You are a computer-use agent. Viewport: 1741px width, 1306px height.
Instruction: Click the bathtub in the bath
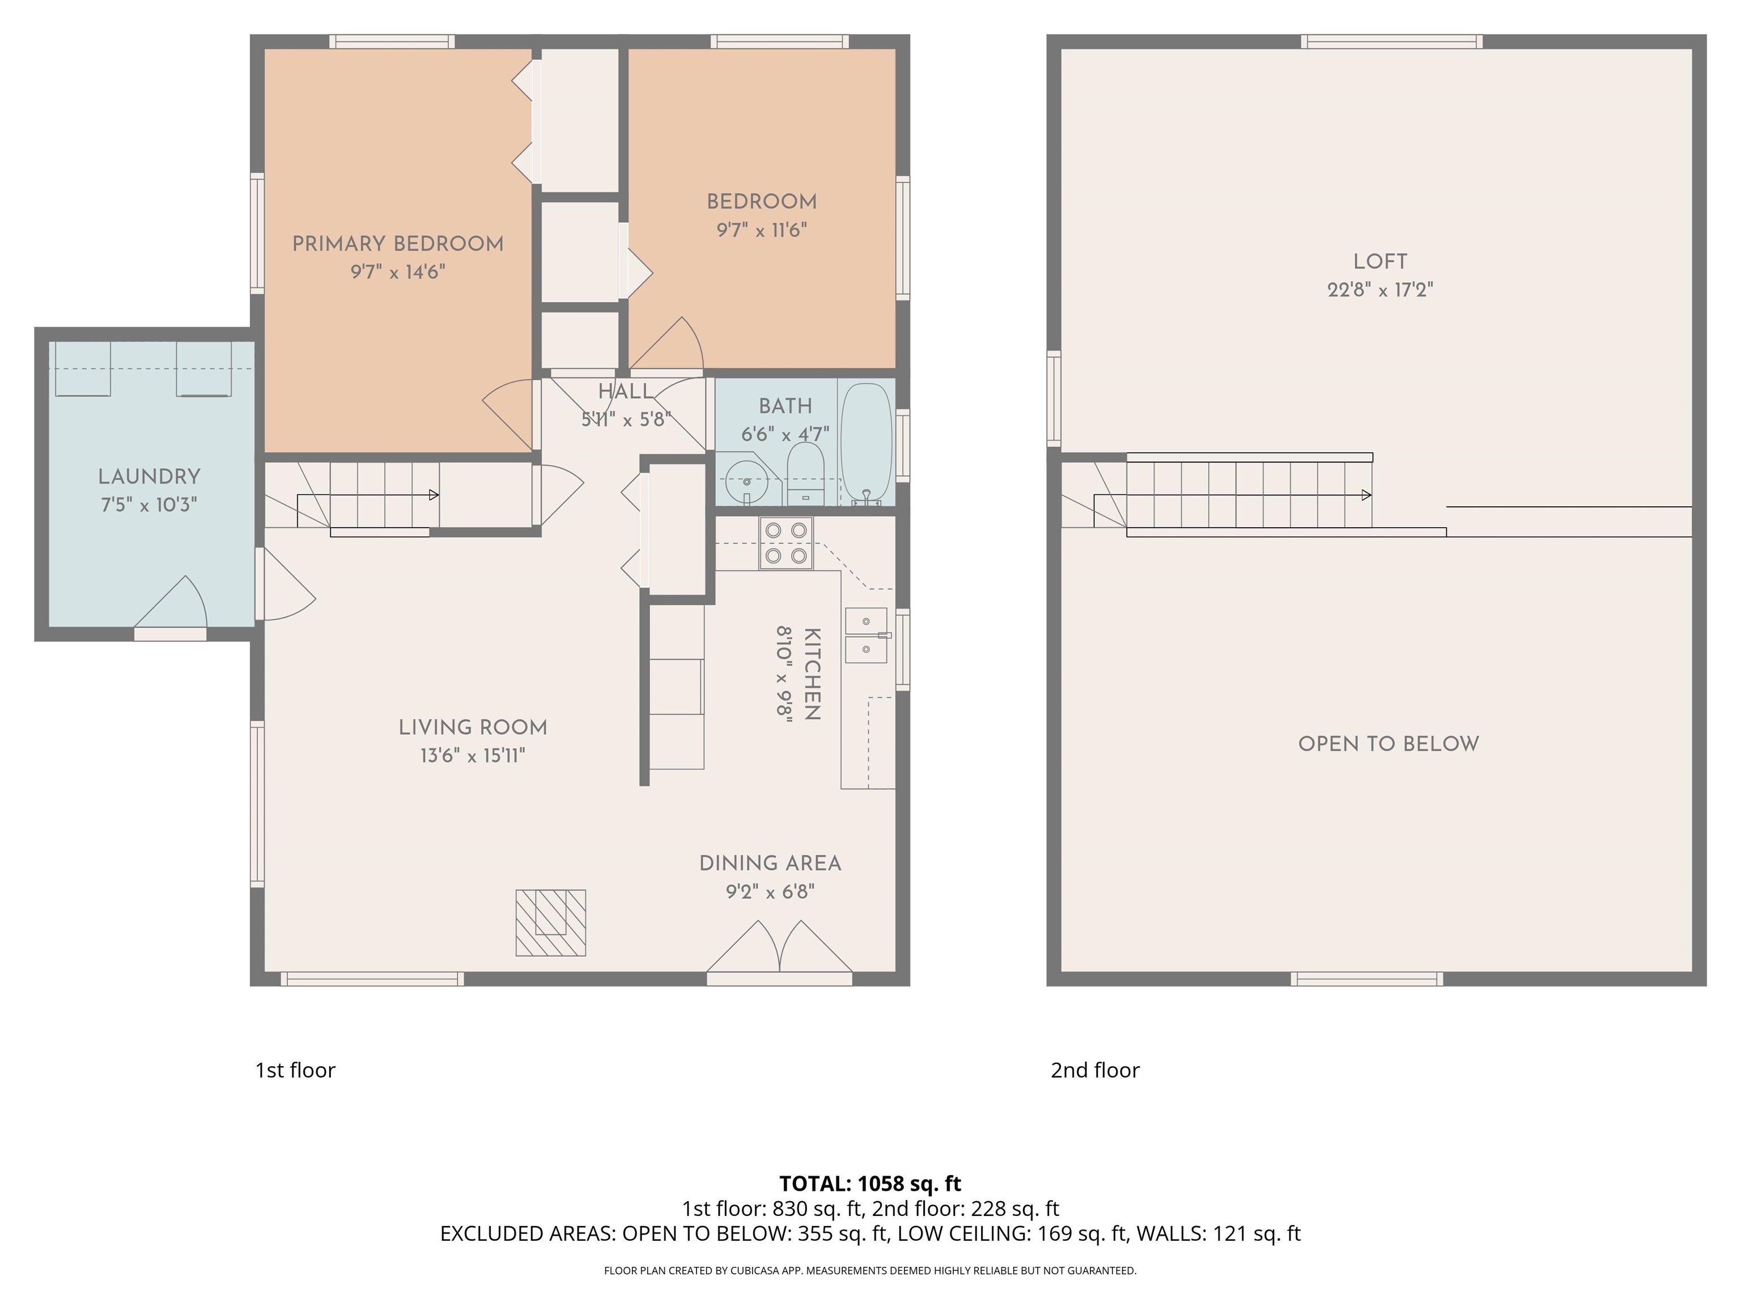tap(866, 444)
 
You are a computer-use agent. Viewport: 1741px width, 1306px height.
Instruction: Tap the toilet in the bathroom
tap(805, 474)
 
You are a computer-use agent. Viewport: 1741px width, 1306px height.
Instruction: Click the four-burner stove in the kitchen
tap(785, 543)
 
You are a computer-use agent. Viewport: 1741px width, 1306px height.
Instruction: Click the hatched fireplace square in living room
tap(551, 923)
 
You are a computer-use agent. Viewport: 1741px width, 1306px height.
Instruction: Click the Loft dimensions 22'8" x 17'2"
tap(1380, 290)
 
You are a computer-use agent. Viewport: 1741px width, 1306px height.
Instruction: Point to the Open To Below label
tap(1388, 744)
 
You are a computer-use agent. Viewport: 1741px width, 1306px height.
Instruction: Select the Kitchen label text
tap(812, 674)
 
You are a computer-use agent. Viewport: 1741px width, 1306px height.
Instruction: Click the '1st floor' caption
tap(295, 1070)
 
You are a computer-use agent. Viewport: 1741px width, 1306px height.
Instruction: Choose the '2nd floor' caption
tap(1095, 1070)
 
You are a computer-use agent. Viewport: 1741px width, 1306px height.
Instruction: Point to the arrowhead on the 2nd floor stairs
tap(1367, 495)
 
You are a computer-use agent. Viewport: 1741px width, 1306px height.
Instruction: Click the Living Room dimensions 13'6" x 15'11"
tap(472, 756)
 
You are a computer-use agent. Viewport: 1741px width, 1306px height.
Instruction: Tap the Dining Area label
tap(770, 864)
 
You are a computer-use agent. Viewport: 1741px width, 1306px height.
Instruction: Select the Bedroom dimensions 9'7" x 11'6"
tap(761, 230)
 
